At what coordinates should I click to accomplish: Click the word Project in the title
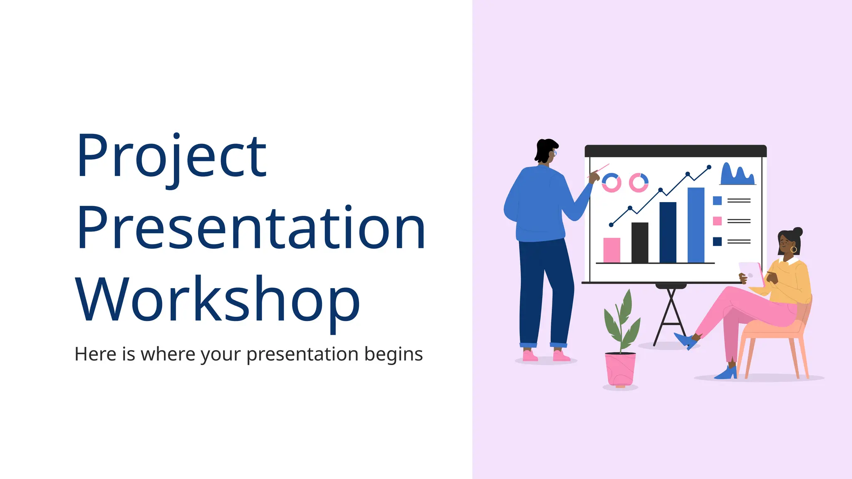pos(171,156)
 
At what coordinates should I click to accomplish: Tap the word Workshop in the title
pos(217,299)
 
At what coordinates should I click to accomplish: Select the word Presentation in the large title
pos(251,228)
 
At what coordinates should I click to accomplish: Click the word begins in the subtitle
pos(393,354)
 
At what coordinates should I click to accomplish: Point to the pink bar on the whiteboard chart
pos(612,250)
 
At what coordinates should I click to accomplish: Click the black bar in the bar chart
pos(639,243)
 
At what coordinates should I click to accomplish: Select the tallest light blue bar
pos(696,225)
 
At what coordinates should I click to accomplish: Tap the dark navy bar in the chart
pos(668,232)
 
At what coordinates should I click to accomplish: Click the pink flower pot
pos(620,369)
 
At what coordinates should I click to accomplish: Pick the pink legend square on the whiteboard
pos(717,221)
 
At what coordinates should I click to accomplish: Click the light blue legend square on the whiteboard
pos(717,201)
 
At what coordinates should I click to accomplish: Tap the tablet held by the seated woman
pos(752,274)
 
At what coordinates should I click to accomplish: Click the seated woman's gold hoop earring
pos(793,249)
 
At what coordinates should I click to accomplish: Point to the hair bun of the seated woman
pos(798,232)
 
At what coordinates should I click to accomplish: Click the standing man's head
pos(546,151)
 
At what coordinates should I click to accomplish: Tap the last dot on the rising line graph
pos(709,167)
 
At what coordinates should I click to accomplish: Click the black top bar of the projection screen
pos(675,151)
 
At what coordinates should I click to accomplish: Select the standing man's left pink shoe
pos(530,356)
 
